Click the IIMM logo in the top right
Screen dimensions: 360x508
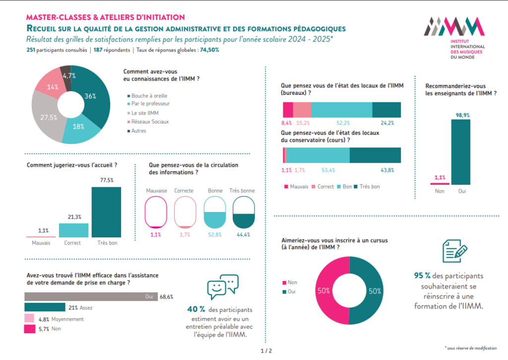[x=454, y=37]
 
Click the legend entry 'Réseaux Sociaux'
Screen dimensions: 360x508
[x=149, y=122]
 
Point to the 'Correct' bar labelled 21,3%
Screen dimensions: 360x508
[x=73, y=230]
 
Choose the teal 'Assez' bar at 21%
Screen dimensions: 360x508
[x=45, y=307]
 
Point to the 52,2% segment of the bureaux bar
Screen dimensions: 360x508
[x=341, y=110]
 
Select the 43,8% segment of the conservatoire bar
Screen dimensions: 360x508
[x=375, y=155]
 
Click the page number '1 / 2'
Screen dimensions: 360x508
[x=266, y=351]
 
